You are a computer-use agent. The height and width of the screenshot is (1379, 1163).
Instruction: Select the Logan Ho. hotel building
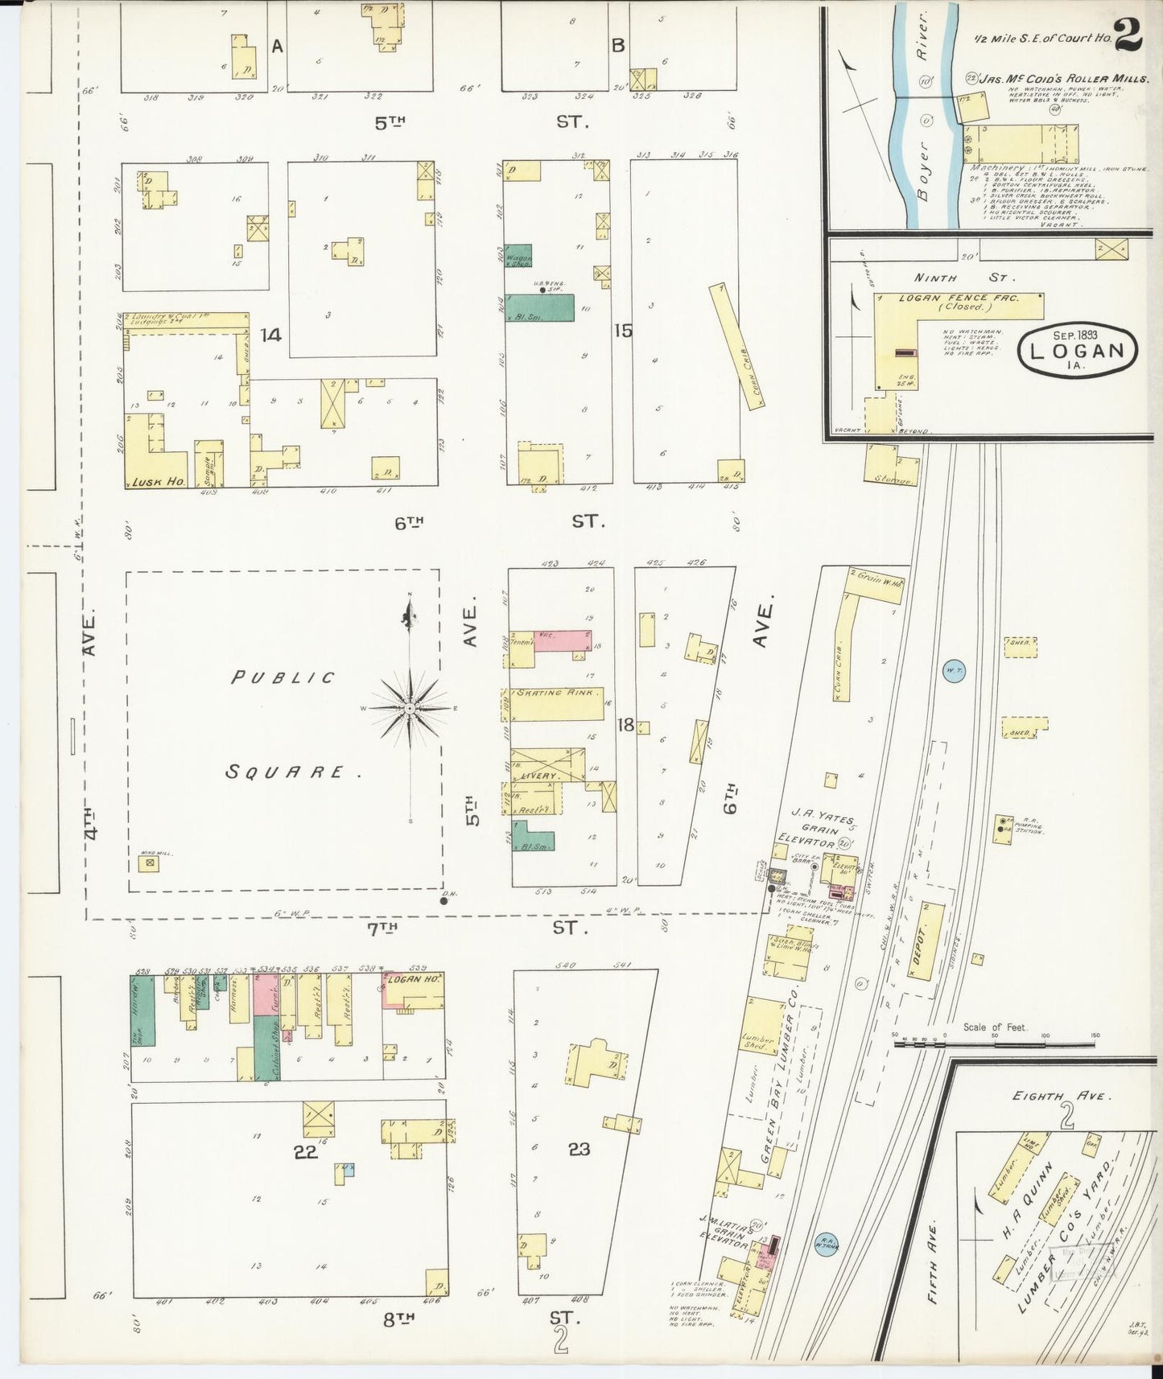coord(413,990)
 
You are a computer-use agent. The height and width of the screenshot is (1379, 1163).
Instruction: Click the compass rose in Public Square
coord(410,708)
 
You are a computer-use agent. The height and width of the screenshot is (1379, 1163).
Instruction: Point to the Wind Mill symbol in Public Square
coord(147,863)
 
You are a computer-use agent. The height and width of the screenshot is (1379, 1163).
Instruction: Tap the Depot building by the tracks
coord(926,941)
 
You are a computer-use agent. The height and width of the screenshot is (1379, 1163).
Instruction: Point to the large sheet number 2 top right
coord(1130,37)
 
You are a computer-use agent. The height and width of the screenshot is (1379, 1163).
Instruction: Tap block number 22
coord(305,1151)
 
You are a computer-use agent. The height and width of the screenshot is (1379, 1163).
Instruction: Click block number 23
coord(579,1149)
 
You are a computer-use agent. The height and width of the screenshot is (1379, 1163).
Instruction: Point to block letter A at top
coord(277,47)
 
